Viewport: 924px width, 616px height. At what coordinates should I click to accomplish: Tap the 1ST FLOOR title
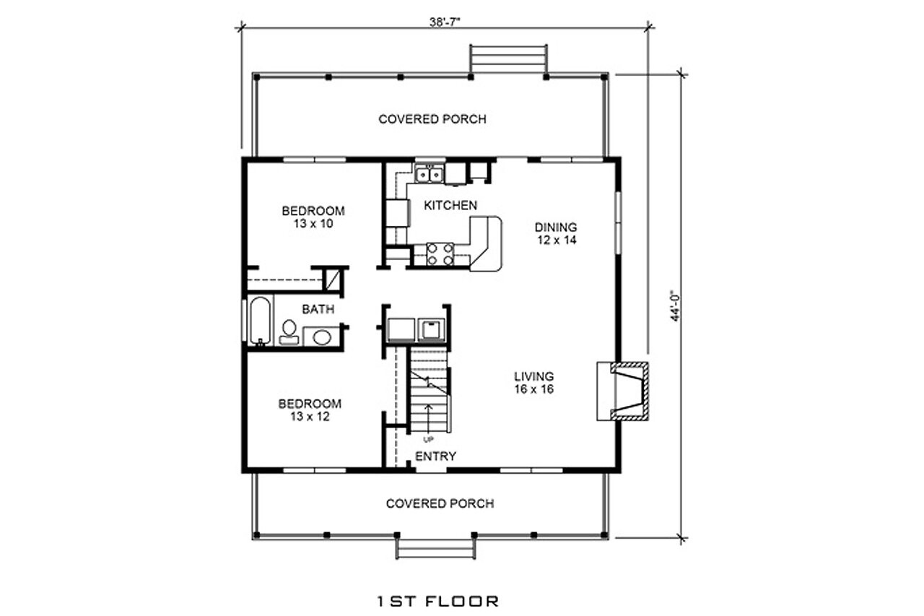coord(438,601)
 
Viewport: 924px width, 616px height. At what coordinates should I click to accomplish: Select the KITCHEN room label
coord(450,206)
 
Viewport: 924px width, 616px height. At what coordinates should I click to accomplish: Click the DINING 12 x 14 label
coord(555,233)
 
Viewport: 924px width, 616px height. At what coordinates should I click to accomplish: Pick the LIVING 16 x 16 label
coord(533,383)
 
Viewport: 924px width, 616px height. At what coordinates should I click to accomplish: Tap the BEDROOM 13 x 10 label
coord(313,217)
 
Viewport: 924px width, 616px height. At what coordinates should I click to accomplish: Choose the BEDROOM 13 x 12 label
coord(310,410)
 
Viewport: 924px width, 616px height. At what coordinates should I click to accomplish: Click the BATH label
coord(318,310)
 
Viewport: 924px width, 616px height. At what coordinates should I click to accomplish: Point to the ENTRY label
coord(435,456)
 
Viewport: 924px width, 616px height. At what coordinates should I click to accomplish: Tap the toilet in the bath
coord(289,331)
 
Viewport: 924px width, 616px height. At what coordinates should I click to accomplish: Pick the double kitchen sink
coord(430,174)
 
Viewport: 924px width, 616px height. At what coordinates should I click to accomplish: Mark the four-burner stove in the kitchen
coord(440,254)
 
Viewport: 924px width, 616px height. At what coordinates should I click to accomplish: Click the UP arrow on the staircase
coord(430,419)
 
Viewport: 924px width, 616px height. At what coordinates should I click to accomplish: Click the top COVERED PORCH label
coord(432,119)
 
